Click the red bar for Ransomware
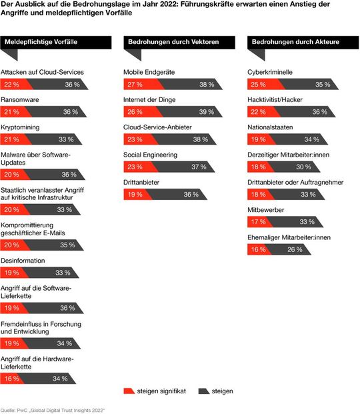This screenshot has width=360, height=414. click(14, 112)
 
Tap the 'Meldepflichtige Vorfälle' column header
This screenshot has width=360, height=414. click(41, 42)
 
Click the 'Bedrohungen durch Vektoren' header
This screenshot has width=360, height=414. click(163, 42)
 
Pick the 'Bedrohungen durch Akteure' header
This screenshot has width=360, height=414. click(285, 42)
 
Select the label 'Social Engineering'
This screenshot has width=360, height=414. click(151, 155)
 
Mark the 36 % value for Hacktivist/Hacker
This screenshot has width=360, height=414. click(320, 112)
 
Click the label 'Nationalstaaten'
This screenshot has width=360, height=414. click(270, 127)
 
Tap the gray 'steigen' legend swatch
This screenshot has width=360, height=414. click(204, 391)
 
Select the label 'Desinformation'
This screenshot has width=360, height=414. click(23, 261)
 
